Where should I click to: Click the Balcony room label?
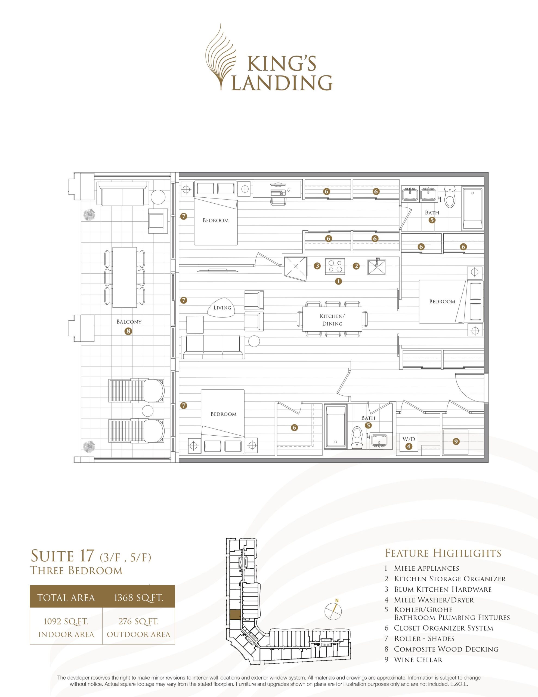tap(129, 322)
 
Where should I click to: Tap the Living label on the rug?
tap(222, 308)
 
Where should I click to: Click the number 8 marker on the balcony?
tap(129, 331)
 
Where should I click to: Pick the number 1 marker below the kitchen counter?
tap(338, 281)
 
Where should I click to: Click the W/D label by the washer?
tap(409, 439)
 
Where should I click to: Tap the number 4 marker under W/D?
tap(409, 447)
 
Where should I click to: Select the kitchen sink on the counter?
tap(377, 266)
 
